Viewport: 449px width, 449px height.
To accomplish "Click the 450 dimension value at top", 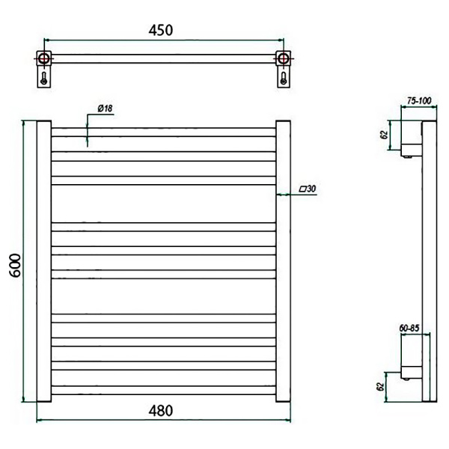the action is point(161,31).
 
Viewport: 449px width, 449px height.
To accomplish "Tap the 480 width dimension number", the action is point(161,411).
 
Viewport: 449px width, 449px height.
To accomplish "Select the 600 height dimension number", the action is point(15,266).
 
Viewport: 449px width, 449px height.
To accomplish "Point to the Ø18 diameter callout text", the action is point(105,109).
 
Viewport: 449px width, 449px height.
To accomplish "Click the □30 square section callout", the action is point(308,189).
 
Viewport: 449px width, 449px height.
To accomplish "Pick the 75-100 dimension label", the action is point(419,101).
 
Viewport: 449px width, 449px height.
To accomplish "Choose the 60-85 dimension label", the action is point(409,329).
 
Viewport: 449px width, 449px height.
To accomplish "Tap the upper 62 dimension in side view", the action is point(385,135).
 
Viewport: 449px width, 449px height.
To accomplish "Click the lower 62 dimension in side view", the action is point(380,387).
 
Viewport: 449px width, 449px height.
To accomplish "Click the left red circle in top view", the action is point(43,58).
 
